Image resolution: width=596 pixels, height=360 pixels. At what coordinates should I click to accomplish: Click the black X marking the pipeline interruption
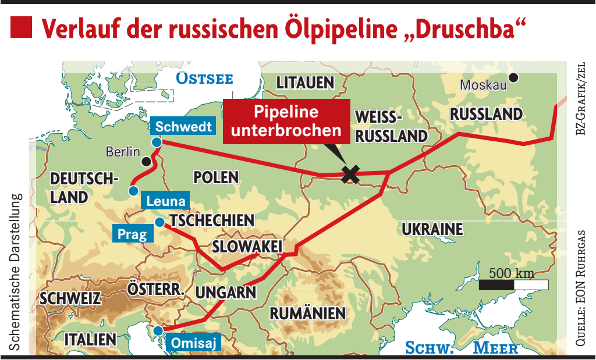click(x=350, y=174)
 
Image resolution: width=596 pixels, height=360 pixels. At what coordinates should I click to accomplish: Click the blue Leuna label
click(x=166, y=202)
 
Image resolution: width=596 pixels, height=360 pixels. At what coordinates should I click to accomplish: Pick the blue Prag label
click(x=133, y=234)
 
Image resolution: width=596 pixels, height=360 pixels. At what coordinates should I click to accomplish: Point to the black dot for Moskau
click(x=513, y=77)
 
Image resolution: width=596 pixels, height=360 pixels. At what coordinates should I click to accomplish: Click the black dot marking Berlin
click(x=147, y=161)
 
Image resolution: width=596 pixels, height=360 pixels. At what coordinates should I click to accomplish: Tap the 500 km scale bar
click(x=513, y=284)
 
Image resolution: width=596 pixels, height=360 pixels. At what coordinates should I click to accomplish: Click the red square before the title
click(x=22, y=27)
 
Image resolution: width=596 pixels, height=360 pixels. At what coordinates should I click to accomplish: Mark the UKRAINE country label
click(x=432, y=229)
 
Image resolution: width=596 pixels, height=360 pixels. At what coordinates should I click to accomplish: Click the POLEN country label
click(x=216, y=177)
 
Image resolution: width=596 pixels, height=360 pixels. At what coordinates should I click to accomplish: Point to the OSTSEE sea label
click(x=204, y=79)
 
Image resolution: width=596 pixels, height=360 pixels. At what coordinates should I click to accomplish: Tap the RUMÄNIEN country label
click(x=307, y=313)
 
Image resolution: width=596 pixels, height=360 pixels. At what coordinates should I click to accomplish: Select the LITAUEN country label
click(x=305, y=83)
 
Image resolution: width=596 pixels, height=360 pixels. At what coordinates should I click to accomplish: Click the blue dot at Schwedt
click(x=156, y=142)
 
